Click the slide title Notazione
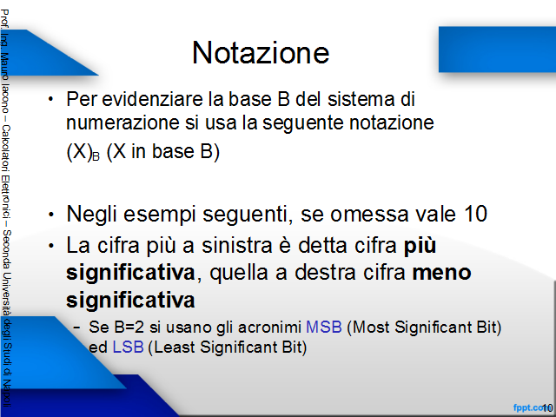click(261, 52)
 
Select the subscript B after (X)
click(96, 156)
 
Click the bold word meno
click(442, 273)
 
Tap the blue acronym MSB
click(324, 327)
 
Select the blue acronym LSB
click(128, 347)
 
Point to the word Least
click(175, 347)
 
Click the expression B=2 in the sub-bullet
click(129, 327)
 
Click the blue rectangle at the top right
click(497, 50)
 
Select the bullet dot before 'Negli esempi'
click(51, 215)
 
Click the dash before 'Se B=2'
click(76, 327)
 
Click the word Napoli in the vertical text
click(6, 394)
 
